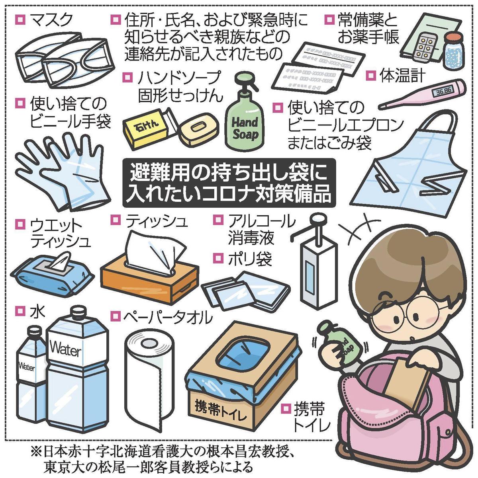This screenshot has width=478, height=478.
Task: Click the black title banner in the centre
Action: coord(229,183)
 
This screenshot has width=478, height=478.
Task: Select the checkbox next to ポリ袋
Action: coord(218,258)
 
